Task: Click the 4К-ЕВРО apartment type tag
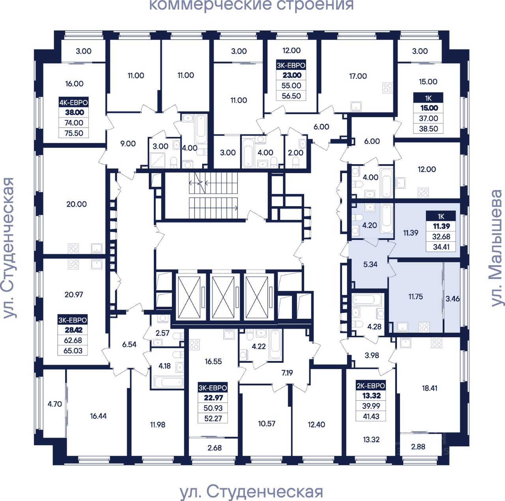point(73,102)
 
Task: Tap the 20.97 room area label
point(74,294)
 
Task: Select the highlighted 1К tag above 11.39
point(441,216)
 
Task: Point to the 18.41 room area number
point(430,388)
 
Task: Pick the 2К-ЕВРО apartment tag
point(370,386)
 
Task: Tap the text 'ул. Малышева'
point(496,248)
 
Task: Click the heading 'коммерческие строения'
point(251,5)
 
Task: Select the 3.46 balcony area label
point(453,298)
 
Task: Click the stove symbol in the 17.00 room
point(388,88)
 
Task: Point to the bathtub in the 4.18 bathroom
point(168,382)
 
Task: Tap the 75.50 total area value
point(74,133)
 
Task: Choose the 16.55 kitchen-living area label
point(213,361)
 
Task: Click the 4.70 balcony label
point(55,404)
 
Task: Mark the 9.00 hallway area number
point(128,144)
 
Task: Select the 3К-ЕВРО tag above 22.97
point(213,388)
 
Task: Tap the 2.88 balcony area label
point(418,447)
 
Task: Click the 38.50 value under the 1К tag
point(428,129)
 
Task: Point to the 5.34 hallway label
point(370,264)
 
